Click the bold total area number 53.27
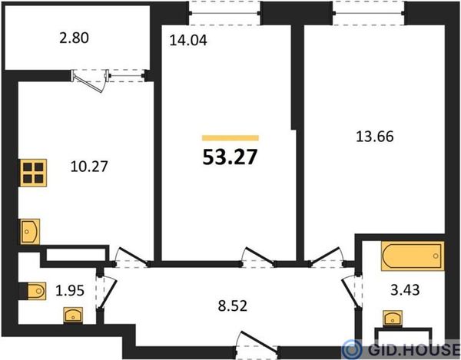pyautogui.click(x=230, y=157)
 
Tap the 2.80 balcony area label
pyautogui.click(x=74, y=38)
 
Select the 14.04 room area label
pyautogui.click(x=188, y=40)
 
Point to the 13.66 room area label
pyautogui.click(x=375, y=137)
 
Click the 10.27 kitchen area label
pyautogui.click(x=89, y=167)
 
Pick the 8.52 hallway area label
pyautogui.click(x=233, y=306)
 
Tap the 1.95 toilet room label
pyautogui.click(x=70, y=291)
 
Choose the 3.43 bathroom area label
pyautogui.click(x=405, y=290)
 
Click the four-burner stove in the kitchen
pyautogui.click(x=33, y=173)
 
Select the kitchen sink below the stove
pyautogui.click(x=30, y=231)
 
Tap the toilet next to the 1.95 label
pyautogui.click(x=36, y=291)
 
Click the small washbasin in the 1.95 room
pyautogui.click(x=73, y=316)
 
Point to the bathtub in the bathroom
pyautogui.click(x=413, y=256)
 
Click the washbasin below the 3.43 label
pyautogui.click(x=393, y=319)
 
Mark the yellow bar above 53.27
pyautogui.click(x=230, y=138)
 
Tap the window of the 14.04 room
pyautogui.click(x=224, y=13)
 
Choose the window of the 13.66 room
pyautogui.click(x=369, y=13)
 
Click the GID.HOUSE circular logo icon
pyautogui.click(x=352, y=349)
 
